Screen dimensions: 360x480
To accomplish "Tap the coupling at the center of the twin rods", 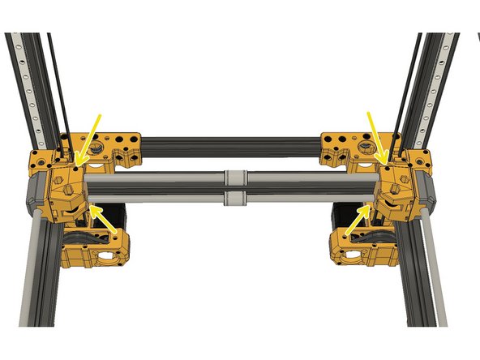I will (x=234, y=187).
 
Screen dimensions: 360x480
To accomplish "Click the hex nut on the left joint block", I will (x=70, y=191).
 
